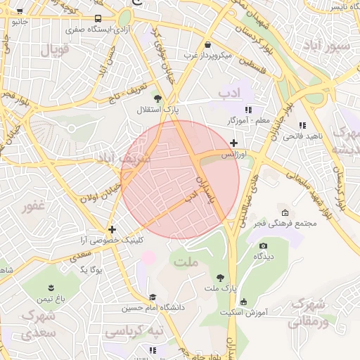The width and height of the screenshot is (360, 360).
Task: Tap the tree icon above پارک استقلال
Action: tap(157, 99)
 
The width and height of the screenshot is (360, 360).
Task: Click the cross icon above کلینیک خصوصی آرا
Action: tap(112, 229)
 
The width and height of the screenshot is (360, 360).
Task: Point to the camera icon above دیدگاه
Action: tap(263, 246)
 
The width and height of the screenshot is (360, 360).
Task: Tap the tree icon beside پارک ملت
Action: tap(221, 278)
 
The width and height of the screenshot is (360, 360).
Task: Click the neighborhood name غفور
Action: tap(33, 207)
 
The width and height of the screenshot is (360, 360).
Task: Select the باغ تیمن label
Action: tap(51, 299)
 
